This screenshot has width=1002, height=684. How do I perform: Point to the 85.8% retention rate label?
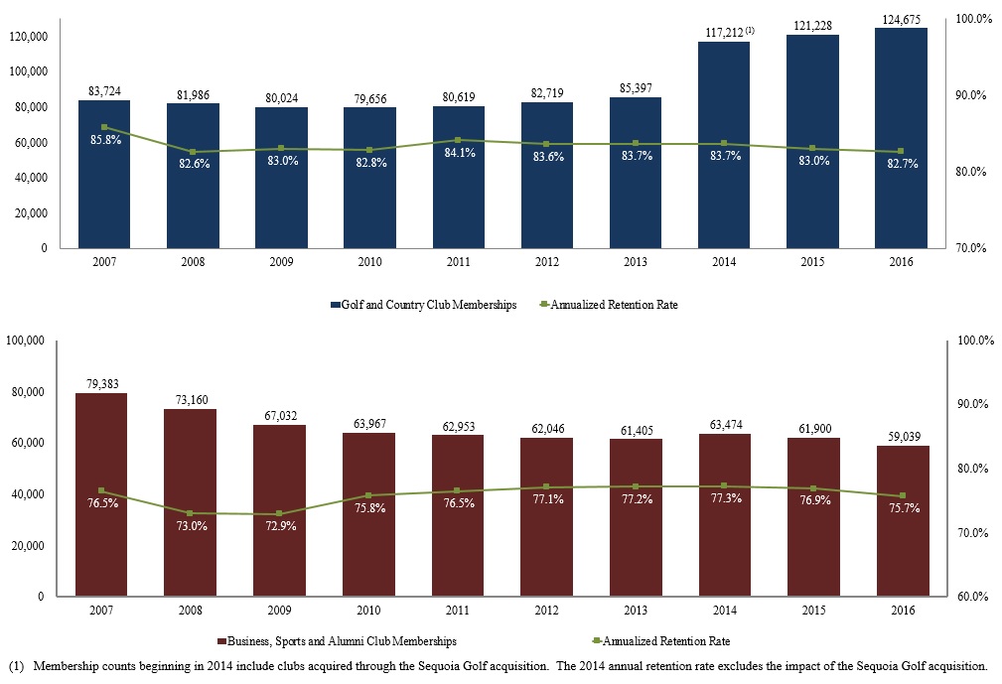click(105, 140)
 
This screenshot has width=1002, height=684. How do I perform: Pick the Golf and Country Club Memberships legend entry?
click(424, 305)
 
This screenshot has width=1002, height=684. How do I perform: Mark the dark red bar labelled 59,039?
click(903, 520)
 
